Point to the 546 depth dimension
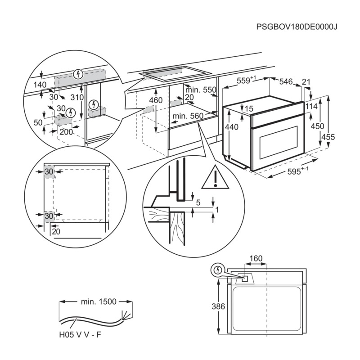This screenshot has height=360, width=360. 286,81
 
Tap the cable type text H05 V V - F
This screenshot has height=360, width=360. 83,335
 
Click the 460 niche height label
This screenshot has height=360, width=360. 156,100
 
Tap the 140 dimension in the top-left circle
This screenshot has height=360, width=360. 40,84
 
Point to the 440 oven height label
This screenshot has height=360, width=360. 231,127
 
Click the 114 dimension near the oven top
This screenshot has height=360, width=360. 311,107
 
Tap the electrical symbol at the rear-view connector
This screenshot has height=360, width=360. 217,270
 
